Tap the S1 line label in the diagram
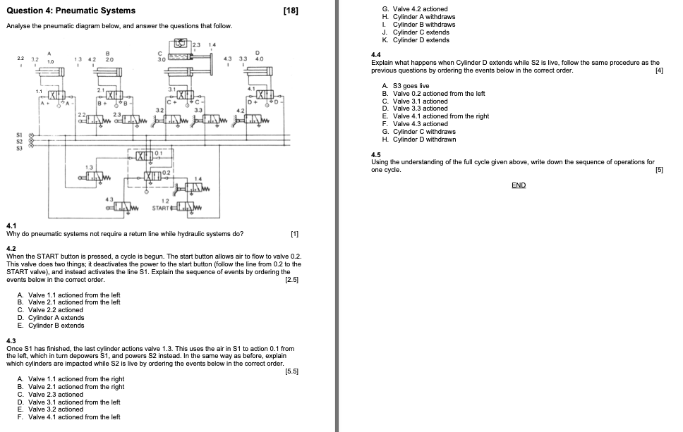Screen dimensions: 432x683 (20, 135)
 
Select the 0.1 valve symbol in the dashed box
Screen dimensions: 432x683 (143, 154)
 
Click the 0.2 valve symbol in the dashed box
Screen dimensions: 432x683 (153, 174)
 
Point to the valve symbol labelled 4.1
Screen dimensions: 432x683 (264, 94)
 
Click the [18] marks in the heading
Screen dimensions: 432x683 (289, 11)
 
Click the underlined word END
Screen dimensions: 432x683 (519, 185)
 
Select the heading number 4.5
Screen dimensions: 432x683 (376, 154)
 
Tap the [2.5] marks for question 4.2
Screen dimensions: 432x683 (291, 280)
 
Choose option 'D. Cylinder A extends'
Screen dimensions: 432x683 (51, 318)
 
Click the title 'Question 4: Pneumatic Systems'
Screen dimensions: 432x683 (71, 11)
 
